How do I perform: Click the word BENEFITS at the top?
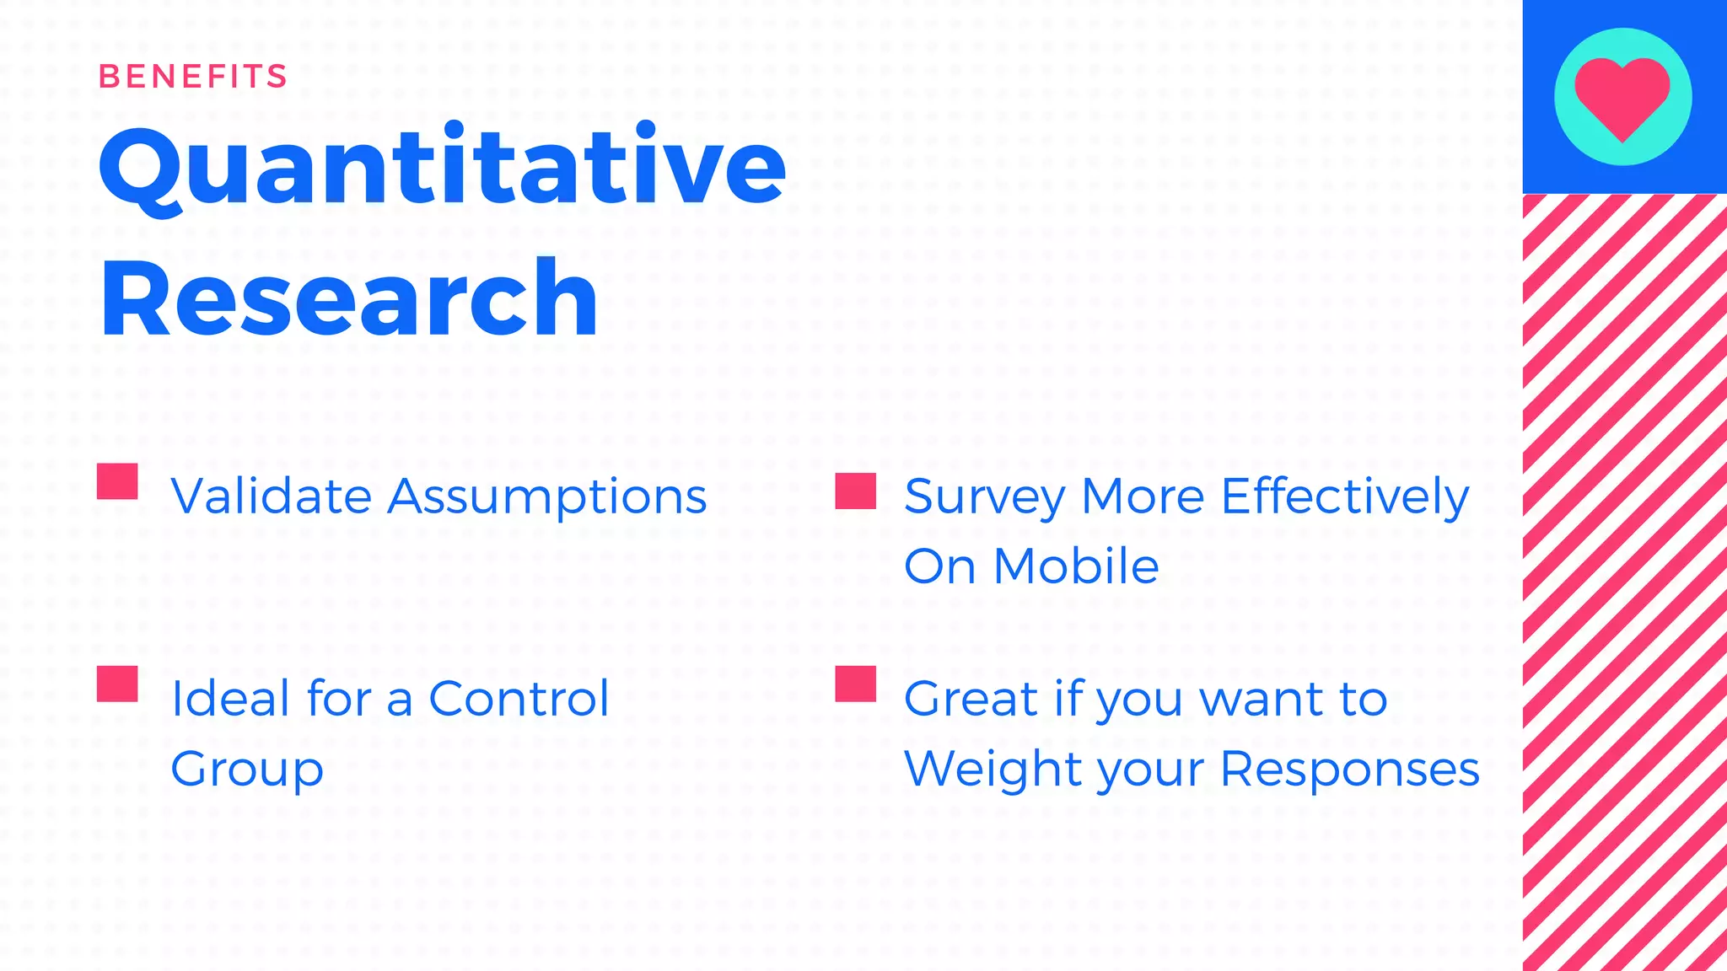tap(192, 77)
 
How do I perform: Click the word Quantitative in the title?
tap(443, 167)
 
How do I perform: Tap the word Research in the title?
tap(348, 299)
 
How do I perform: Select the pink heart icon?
tap(1622, 96)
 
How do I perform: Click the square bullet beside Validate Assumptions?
tap(117, 481)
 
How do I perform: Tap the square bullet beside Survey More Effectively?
tap(855, 491)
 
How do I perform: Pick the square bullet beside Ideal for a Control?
tap(117, 684)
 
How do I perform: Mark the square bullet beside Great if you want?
tap(855, 684)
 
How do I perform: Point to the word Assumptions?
tap(546, 497)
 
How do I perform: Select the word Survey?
tap(984, 497)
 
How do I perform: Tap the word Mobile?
tap(1076, 566)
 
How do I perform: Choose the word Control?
tap(519, 699)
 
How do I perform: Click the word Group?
tap(247, 770)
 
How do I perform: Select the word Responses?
tap(1349, 770)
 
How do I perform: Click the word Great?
tap(971, 699)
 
